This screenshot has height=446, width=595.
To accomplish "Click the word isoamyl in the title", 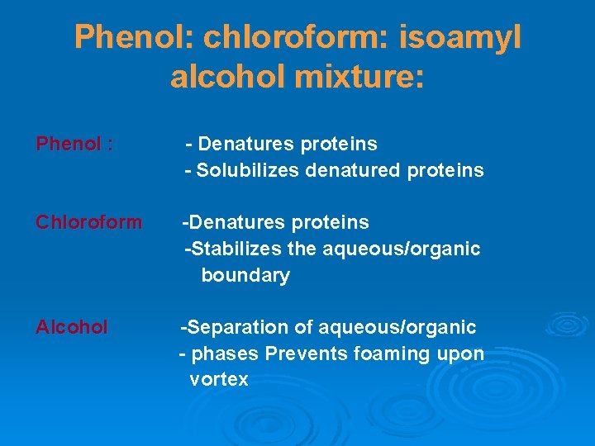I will coord(461,38).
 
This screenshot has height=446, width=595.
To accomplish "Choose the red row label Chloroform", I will coord(88,222).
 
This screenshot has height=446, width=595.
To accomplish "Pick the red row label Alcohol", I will coord(72,327).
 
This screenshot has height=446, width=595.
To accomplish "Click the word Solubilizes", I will coord(248,171).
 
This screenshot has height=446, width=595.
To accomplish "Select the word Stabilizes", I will coord(232,249).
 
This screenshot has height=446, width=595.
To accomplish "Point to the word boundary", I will coord(245,276).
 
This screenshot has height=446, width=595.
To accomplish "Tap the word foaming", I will coord(388,354).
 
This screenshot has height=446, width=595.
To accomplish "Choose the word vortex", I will coord(219,380).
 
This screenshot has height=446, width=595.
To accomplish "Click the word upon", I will coord(462,354).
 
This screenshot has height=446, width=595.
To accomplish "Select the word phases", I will coord(227,354).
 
